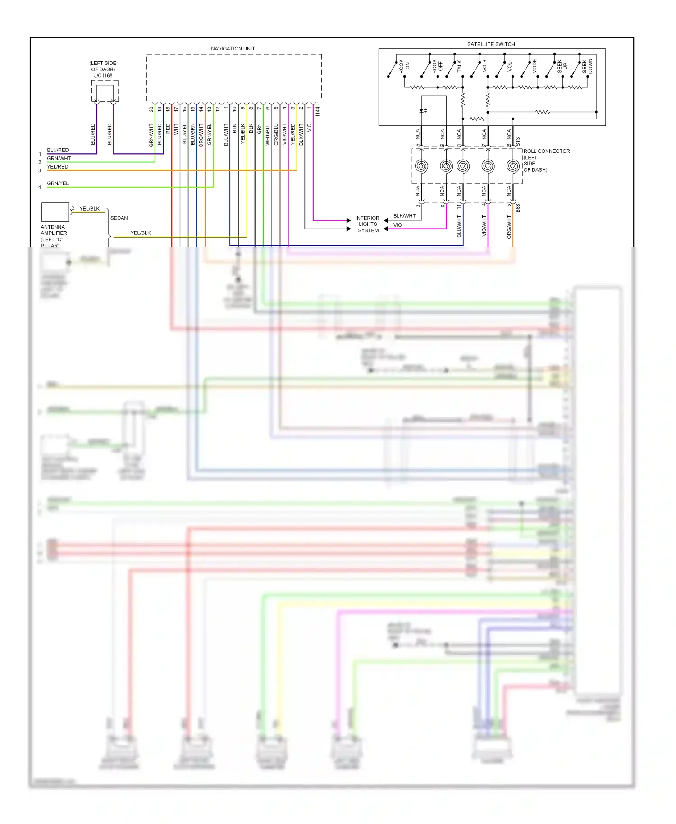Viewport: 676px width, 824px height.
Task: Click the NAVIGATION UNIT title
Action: (233, 49)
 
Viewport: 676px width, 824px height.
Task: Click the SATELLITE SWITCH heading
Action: (491, 44)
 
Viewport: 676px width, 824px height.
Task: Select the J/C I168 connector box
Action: (105, 92)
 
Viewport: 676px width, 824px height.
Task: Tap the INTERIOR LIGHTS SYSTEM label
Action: (368, 224)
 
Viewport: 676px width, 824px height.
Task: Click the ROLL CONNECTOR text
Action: (546, 151)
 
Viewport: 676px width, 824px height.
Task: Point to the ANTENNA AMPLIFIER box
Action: (55, 212)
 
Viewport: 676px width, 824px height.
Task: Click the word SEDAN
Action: (119, 218)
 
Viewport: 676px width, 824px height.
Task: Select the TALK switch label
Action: (459, 66)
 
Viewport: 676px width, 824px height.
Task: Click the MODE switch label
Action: (534, 66)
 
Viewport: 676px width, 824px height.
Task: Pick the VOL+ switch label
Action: (484, 66)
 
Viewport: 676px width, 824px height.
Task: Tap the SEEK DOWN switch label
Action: (587, 66)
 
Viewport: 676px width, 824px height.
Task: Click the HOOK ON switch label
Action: (404, 66)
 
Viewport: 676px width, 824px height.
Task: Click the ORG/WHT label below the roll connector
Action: (509, 227)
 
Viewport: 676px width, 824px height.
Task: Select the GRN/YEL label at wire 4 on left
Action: (58, 183)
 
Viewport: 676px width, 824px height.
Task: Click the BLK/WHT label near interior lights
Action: (404, 216)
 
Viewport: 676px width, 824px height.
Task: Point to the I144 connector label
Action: (317, 111)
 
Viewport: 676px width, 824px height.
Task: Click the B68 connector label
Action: (518, 208)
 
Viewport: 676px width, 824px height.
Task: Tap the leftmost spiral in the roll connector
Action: (421, 166)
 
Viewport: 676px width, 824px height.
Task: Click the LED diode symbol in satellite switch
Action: (422, 110)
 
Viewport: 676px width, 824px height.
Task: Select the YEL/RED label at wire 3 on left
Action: (58, 167)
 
